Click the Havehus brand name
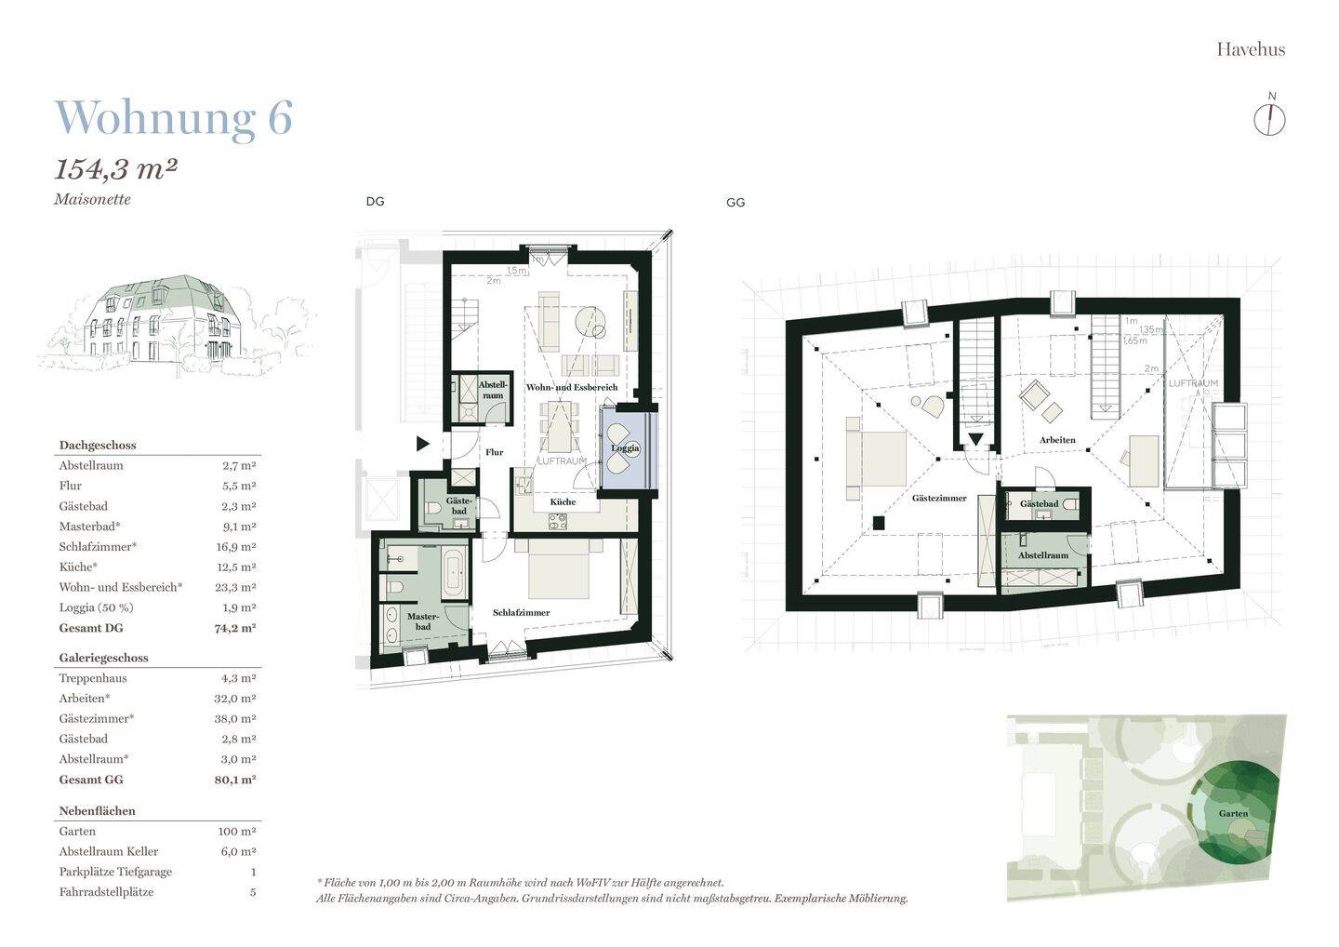[1251, 49]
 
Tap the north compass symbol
[1270, 119]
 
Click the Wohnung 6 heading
[174, 118]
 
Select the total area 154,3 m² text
[116, 169]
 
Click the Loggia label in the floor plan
[626, 448]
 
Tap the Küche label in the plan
[563, 502]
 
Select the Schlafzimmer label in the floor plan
[521, 613]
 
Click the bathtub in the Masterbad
[454, 574]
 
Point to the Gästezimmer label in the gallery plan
[939, 499]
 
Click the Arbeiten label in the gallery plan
[1058, 440]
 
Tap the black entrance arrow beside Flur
[423, 445]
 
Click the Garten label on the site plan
[1233, 814]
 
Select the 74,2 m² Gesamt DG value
[235, 628]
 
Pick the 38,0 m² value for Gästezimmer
[235, 719]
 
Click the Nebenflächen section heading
[98, 811]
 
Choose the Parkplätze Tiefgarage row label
[115, 873]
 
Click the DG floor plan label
[375, 202]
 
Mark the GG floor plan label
[736, 203]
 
